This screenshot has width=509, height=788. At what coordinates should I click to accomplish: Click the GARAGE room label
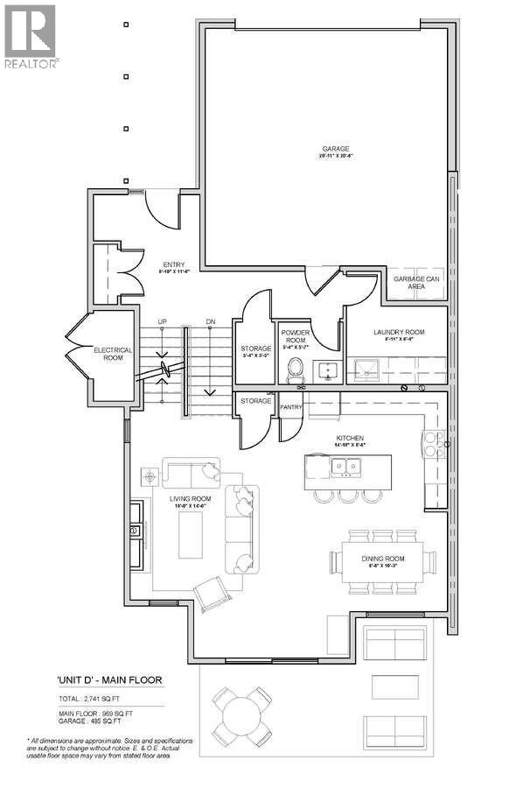coord(329,150)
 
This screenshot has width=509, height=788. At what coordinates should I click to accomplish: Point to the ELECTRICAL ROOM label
coord(113,354)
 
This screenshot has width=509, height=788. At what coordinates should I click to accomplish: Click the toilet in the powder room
coord(294,368)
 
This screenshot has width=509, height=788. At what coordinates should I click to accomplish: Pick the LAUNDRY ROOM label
coord(398,332)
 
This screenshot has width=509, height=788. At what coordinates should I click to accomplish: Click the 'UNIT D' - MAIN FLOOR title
coord(109,679)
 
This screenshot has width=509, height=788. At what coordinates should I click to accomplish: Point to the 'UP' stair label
coord(161,322)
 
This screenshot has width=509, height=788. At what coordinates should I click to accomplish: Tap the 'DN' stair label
coord(210,322)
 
